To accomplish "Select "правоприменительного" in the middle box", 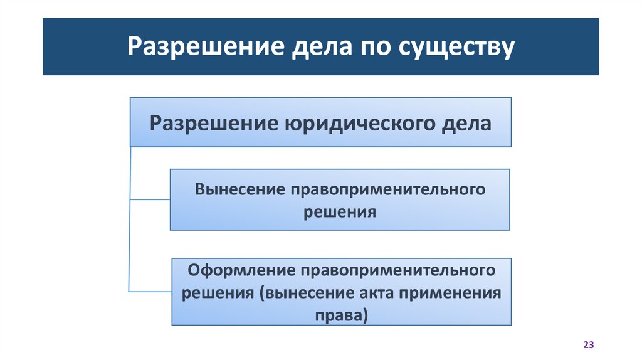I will coord(387,189).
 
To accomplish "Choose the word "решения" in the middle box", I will coord(340,211).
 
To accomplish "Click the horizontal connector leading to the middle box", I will coord(149,199).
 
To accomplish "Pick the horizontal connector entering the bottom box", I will coord(150,291).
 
